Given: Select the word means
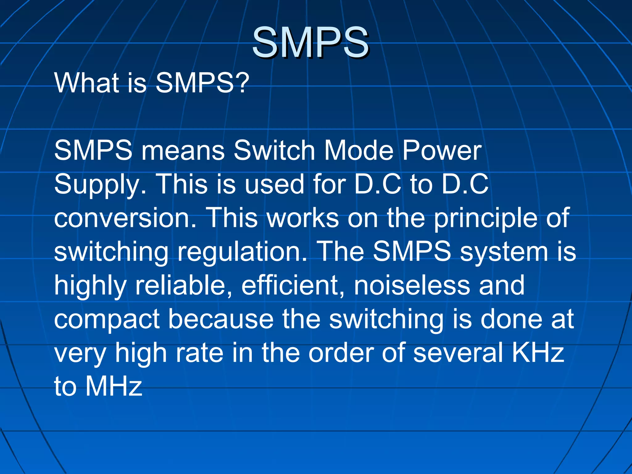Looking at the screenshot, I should (x=183, y=151).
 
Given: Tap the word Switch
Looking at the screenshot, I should (x=274, y=151).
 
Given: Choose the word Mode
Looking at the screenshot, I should (x=358, y=151).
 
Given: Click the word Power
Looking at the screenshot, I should (x=442, y=151).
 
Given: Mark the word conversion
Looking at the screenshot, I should (x=125, y=218).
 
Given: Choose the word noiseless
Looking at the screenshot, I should (x=412, y=285).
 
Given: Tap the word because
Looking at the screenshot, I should (x=221, y=319).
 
